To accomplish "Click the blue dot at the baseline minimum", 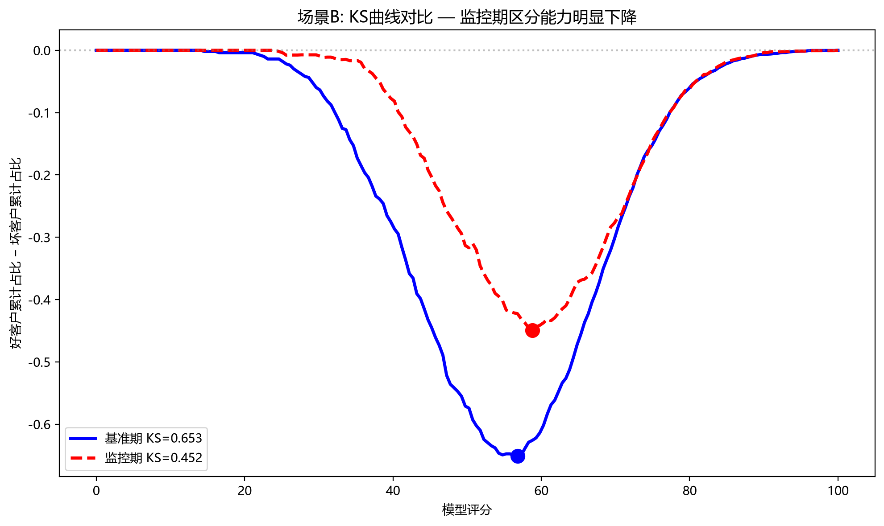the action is pos(518,456).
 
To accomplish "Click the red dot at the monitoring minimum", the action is pos(532,330).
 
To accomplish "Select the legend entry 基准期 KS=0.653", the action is pos(136,438).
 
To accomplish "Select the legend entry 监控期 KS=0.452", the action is pos(136,458).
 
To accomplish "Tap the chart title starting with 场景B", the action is pos(467,17).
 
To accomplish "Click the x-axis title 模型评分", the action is pos(467,510).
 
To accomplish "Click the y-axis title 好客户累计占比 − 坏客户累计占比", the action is pos(16,253).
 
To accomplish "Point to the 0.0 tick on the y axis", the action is pos(42,50).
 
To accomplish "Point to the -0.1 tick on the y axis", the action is pos(40,113).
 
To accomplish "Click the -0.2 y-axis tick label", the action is pos(40,175).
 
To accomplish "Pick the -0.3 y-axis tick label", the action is pos(40,237).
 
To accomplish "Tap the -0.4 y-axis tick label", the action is pos(40,300).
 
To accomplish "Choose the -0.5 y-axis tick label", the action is pos(40,362).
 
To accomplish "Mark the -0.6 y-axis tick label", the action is pos(40,424).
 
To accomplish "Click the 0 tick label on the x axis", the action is pos(96,491).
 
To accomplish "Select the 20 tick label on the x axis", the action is pos(245,491).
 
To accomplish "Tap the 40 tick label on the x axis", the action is pos(393,491).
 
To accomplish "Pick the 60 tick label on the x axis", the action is pos(541,491).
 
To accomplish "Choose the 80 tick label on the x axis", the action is pos(690,491).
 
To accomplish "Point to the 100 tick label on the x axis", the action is pos(838,491).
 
